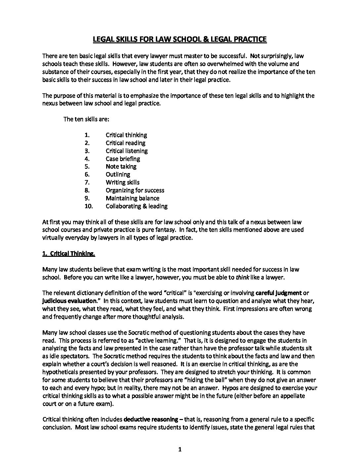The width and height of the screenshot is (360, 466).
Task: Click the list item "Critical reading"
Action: tap(125, 143)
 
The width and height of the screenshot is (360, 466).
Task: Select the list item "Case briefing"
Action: tap(123, 159)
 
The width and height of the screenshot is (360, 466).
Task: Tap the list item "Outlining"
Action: tap(118, 174)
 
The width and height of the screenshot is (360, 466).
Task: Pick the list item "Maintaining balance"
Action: tap(132, 198)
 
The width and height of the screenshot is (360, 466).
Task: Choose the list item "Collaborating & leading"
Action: tap(136, 206)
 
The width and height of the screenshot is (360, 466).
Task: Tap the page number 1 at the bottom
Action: tap(180, 449)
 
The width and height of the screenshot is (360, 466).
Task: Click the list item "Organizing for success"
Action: tap(135, 190)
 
